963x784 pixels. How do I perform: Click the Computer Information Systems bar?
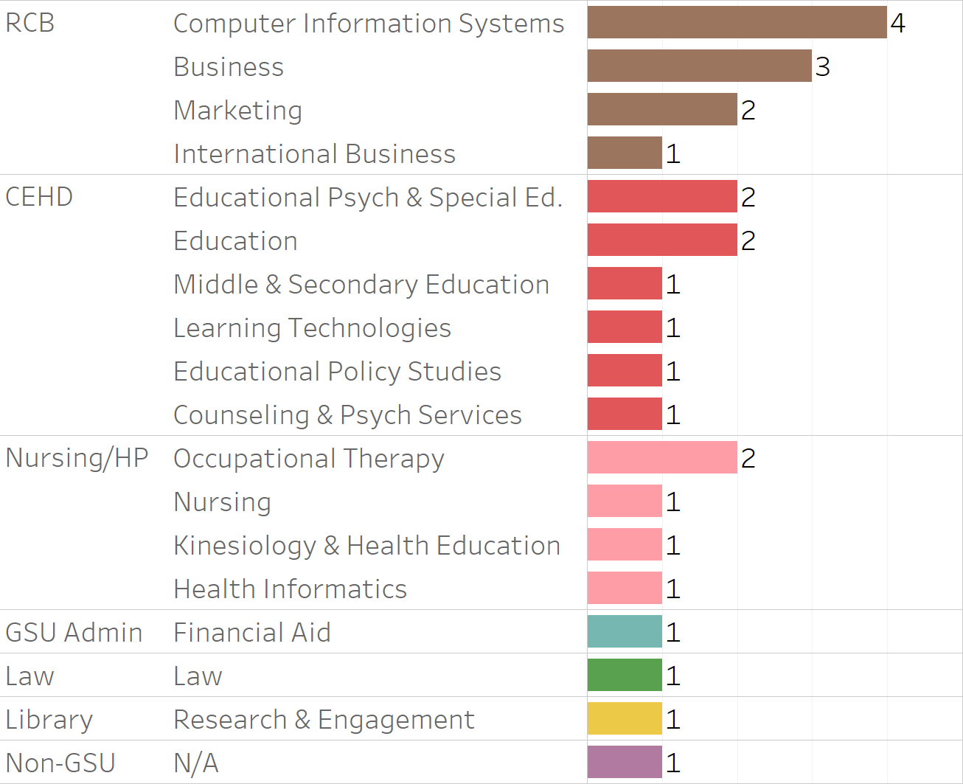tap(737, 22)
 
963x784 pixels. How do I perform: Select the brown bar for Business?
tap(699, 66)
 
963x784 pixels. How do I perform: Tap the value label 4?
tap(897, 23)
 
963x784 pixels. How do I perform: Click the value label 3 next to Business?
tap(822, 66)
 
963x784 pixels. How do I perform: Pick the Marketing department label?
tap(237, 110)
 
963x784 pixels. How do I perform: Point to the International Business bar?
tap(625, 153)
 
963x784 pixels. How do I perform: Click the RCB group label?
tap(29, 23)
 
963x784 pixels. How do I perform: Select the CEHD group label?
tap(39, 197)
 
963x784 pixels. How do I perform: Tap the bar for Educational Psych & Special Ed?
tap(662, 196)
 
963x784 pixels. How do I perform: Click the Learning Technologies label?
tap(312, 327)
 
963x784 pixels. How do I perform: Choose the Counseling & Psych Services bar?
tap(625, 414)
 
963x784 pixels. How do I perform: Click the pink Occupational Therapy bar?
tap(662, 457)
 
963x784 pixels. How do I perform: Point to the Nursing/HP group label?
tap(77, 458)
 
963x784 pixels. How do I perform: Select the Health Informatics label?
tap(290, 589)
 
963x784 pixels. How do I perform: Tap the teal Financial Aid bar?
tap(625, 631)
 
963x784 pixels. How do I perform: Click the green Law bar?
tap(625, 675)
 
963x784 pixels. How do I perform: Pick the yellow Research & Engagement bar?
tap(625, 718)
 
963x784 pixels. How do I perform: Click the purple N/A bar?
tap(625, 762)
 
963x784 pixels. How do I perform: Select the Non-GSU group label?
tap(60, 763)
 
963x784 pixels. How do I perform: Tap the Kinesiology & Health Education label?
tap(366, 545)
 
